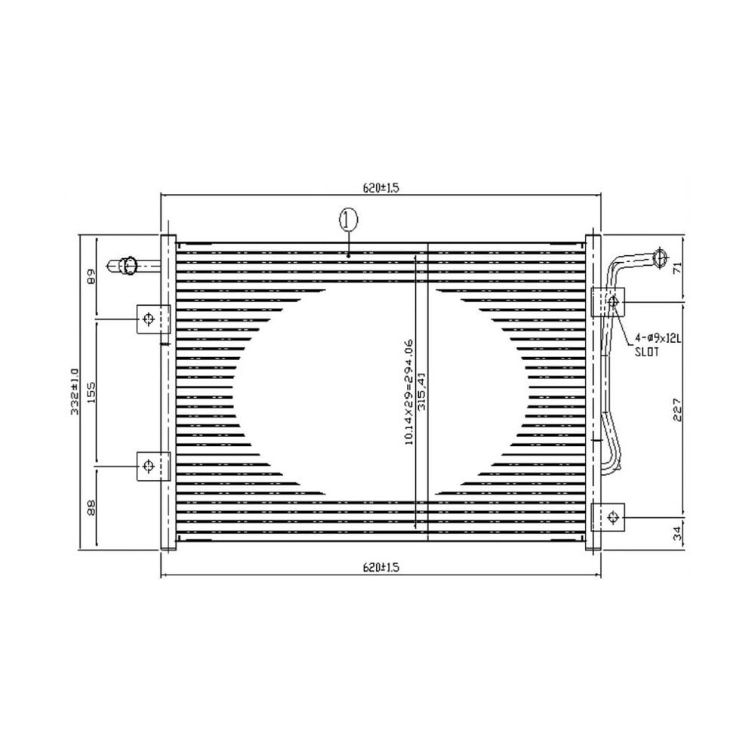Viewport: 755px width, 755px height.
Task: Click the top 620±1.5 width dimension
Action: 381,189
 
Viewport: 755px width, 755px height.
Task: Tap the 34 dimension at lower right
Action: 676,534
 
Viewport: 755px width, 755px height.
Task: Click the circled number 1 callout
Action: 347,220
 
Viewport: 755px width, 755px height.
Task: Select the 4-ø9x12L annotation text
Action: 658,340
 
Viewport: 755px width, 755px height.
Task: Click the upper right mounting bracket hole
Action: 612,302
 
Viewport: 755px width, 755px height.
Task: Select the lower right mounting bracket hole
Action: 612,516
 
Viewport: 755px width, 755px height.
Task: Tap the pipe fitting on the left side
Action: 127,265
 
